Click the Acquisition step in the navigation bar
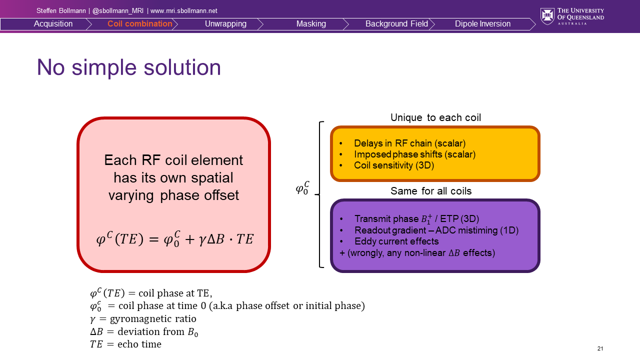[53, 24]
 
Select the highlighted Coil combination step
[139, 24]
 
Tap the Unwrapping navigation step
[225, 24]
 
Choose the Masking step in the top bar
[311, 24]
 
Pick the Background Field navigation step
[396, 24]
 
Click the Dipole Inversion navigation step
[482, 24]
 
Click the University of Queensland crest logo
[547, 16]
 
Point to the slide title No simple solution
[129, 67]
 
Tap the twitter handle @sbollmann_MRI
[118, 10]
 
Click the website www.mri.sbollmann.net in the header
[183, 10]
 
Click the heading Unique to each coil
[435, 118]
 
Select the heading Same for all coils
[431, 191]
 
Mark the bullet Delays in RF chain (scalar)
[409, 143]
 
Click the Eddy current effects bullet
[396, 241]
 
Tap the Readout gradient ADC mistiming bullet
[436, 230]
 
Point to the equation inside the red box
[174, 239]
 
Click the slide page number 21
[600, 348]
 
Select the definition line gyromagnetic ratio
[143, 318]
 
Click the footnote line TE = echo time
[125, 344]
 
